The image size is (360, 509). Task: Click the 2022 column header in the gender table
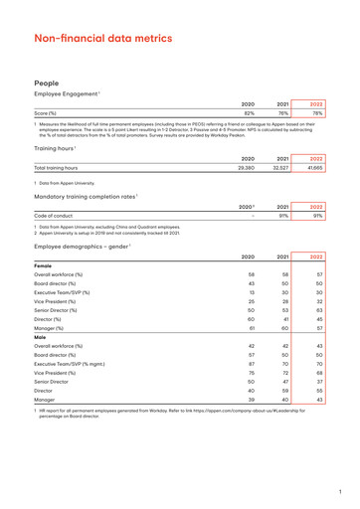tap(317, 256)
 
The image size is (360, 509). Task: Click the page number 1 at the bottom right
tap(339, 490)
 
